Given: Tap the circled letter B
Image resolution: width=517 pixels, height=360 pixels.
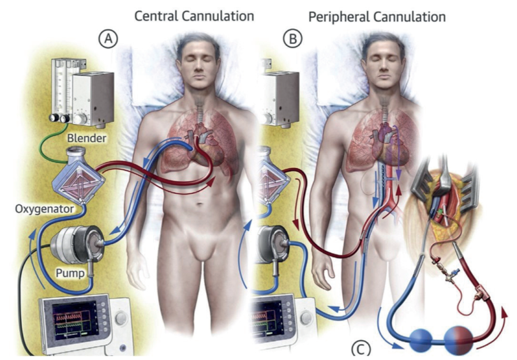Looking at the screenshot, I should tap(293, 40).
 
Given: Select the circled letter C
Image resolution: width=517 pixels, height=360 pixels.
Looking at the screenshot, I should tap(361, 349).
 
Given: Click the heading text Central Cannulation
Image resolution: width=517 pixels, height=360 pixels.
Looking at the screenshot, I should tap(194, 15).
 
